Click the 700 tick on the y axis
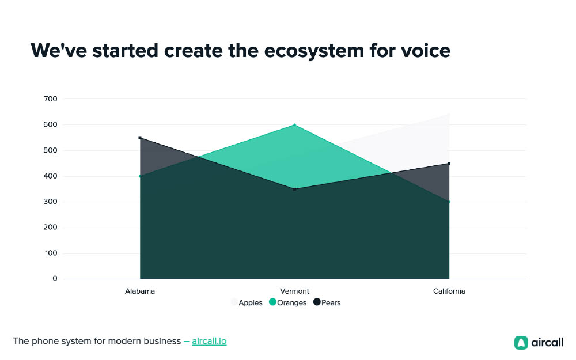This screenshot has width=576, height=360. (50, 99)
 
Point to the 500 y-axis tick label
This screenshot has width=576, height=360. (50, 150)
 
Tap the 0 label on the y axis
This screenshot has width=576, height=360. (55, 278)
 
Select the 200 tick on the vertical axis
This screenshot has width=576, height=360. (50, 227)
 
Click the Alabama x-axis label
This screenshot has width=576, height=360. (140, 291)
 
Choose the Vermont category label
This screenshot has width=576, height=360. (294, 291)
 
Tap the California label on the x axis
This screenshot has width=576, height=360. (449, 291)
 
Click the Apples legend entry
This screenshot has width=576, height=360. (247, 303)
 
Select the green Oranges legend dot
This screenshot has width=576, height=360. (272, 302)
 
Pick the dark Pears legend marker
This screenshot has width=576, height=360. (317, 302)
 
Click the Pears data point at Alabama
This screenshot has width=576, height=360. (140, 138)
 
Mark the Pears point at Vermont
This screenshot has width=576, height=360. (294, 189)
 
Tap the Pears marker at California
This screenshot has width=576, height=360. (449, 164)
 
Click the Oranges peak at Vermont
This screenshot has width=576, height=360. (294, 125)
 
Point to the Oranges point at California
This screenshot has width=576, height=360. (449, 202)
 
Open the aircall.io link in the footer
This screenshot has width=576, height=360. (209, 341)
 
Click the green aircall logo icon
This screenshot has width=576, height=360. (521, 343)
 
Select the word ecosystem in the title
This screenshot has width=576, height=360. (314, 51)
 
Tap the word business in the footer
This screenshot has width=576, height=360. (162, 341)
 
